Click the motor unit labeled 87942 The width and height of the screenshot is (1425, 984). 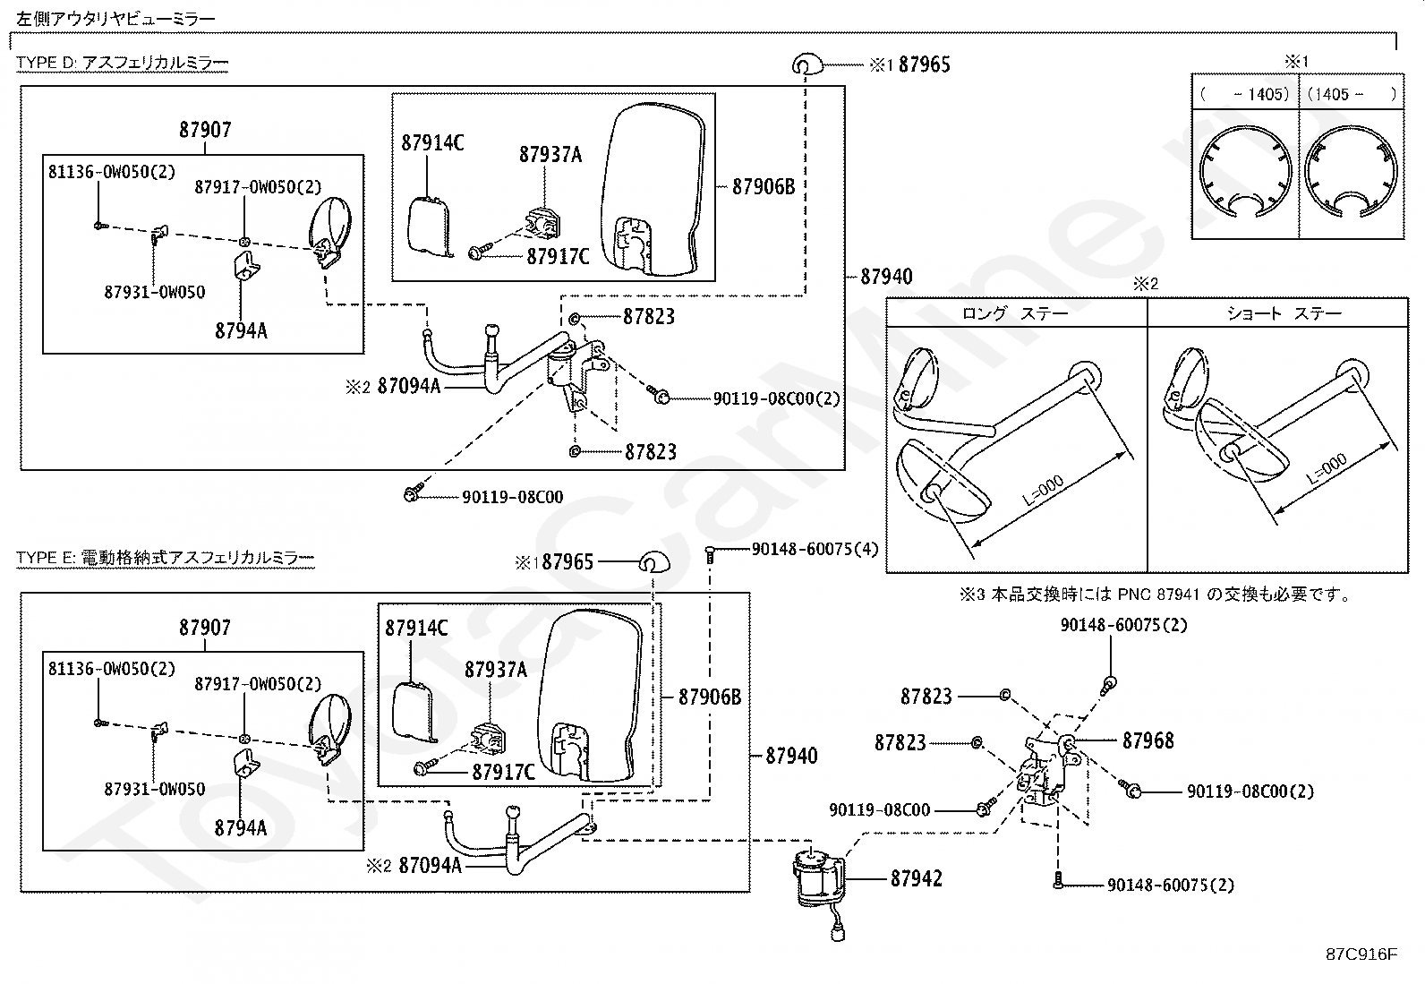819,882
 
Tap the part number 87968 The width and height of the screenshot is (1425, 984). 1148,740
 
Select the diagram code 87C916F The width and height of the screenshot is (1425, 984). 1361,954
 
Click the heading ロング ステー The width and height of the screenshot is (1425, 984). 1015,313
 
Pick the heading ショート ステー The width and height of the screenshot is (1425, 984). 1284,313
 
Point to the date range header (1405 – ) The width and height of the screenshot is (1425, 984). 1352,94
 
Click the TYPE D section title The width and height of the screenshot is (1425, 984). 122,63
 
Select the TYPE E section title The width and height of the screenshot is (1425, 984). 166,558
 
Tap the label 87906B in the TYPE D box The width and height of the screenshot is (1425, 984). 764,186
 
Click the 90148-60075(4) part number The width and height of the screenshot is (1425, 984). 815,549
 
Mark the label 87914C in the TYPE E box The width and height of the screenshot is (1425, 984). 417,629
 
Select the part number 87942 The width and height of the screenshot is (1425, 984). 916,878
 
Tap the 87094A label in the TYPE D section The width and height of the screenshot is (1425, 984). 409,386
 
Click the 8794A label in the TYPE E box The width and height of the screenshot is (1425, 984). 241,828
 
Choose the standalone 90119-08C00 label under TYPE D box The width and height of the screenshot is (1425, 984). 513,496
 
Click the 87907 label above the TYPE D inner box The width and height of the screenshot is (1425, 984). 205,130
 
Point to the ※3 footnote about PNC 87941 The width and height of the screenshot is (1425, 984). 1155,595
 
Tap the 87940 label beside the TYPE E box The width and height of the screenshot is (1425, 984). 791,756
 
